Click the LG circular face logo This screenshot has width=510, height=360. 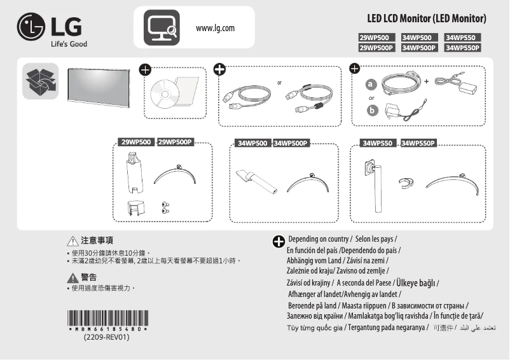click(31, 29)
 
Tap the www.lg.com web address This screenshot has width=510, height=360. click(216, 28)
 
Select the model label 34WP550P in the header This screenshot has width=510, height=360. click(463, 47)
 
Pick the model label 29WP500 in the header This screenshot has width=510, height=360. click(376, 38)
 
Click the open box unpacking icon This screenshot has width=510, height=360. click(40, 81)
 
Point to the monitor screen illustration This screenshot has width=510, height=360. click(100, 83)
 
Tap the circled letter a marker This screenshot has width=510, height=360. click(371, 85)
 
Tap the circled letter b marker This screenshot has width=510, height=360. click(371, 111)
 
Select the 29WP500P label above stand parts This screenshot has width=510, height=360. click(175, 142)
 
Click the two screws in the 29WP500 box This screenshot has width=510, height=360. click(165, 207)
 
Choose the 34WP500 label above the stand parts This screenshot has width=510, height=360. click(252, 143)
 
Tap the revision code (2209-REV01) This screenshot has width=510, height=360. click(107, 338)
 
